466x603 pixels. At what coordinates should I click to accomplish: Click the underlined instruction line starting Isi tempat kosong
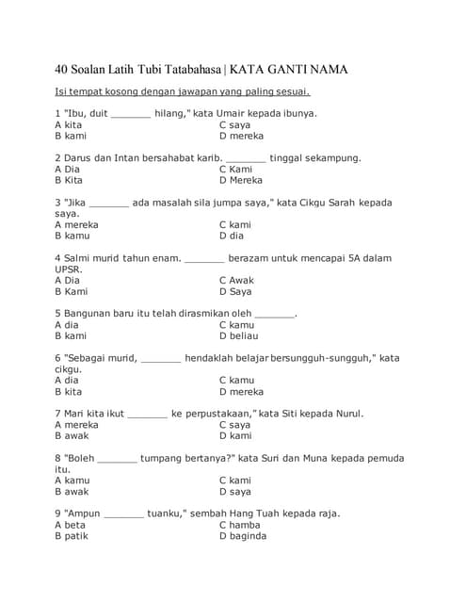tap(183, 91)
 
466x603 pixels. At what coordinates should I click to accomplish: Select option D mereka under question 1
tap(241, 136)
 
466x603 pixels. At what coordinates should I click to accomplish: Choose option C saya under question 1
tap(234, 124)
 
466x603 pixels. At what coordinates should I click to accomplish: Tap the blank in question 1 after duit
tap(130, 114)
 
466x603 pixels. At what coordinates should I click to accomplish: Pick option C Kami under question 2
tap(235, 169)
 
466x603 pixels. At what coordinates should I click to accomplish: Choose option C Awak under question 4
tap(236, 280)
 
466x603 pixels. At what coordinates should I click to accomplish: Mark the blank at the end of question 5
tap(274, 314)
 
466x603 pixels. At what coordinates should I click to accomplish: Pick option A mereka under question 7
tap(76, 424)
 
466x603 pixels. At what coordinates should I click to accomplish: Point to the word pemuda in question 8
tap(382, 458)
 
